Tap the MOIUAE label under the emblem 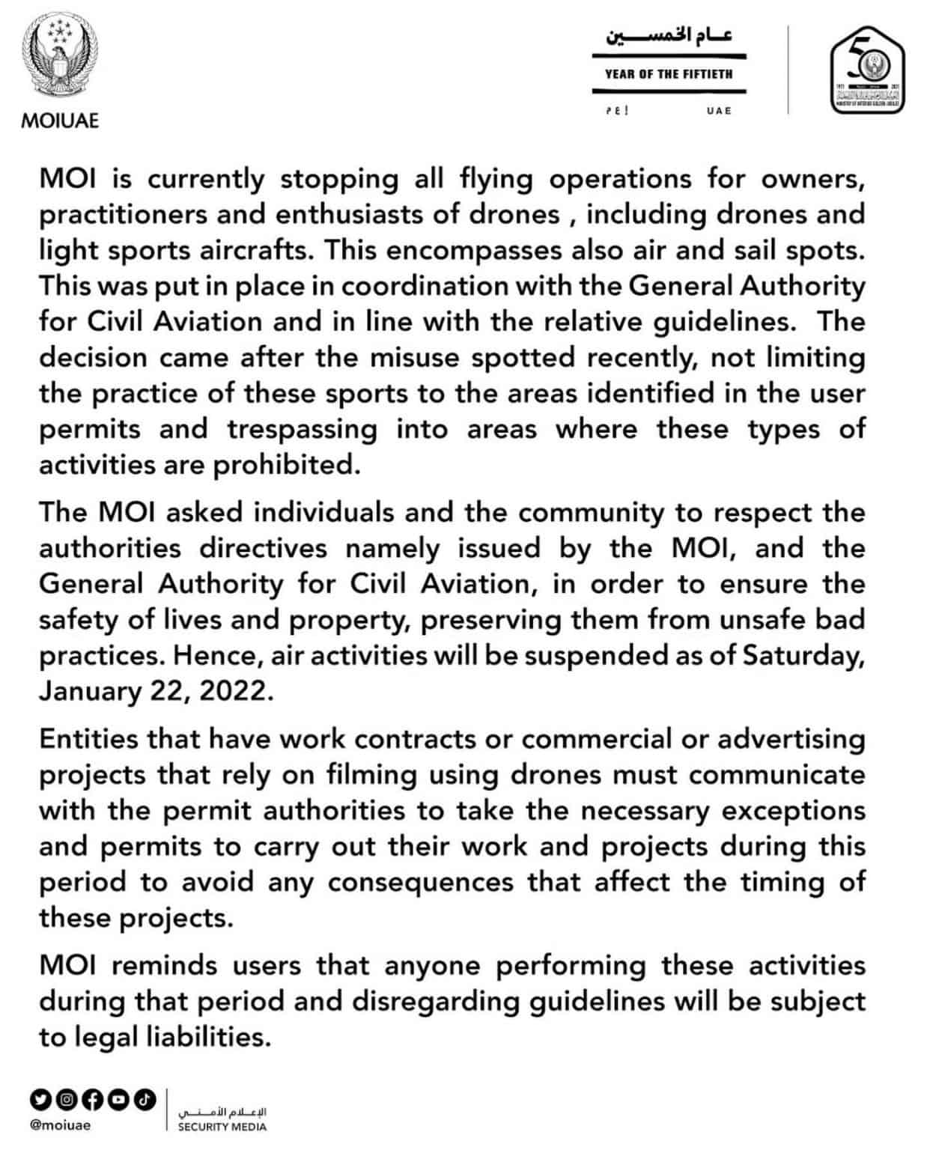coord(60,121)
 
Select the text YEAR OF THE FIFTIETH coord(669,74)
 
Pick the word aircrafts coord(259,250)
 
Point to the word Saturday coord(803,655)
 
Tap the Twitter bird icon coord(41,1099)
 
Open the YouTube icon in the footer coord(119,1099)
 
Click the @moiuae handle coord(59,1125)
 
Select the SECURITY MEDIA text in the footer coord(222,1127)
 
